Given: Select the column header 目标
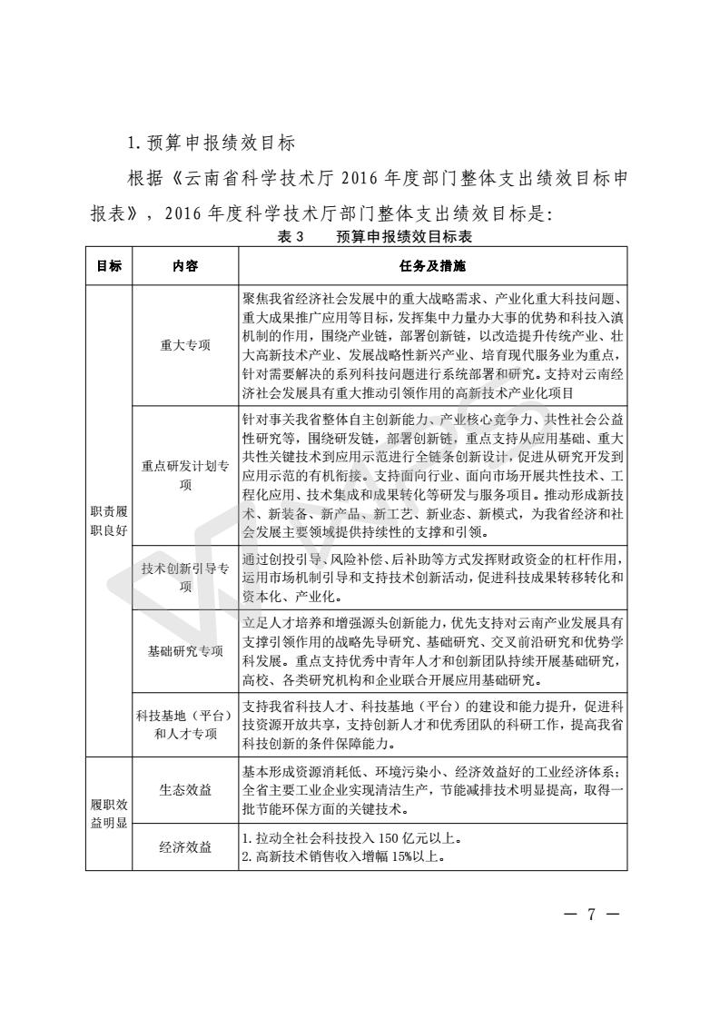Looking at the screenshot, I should (x=109, y=266).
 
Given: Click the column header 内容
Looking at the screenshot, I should (x=185, y=266).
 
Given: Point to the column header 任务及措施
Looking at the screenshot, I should (x=432, y=266).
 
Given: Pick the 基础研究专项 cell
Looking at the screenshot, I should (x=185, y=650).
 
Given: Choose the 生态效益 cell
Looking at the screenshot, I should (x=185, y=789).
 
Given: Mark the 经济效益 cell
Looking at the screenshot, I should (x=185, y=846).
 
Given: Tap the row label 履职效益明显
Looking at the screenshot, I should (x=109, y=813).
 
